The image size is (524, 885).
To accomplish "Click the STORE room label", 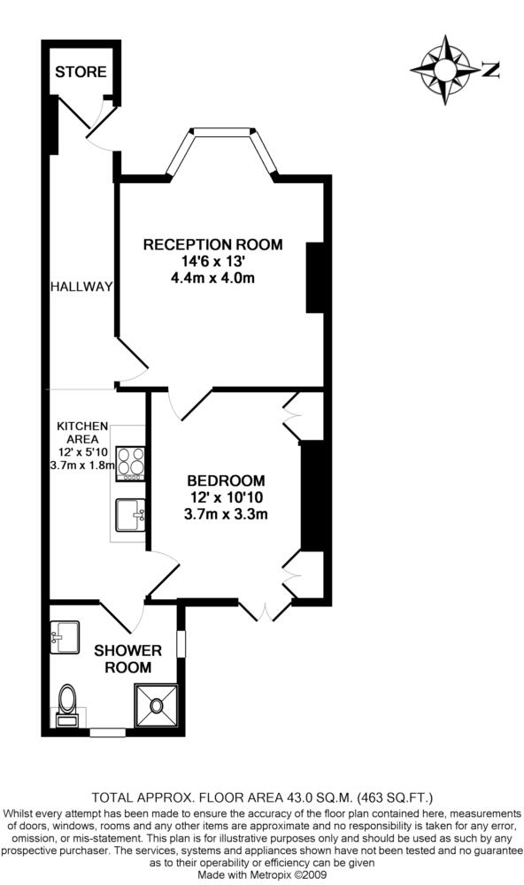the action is tap(81, 72).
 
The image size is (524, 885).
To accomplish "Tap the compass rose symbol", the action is tap(445, 70).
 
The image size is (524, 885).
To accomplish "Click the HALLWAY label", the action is tap(81, 287).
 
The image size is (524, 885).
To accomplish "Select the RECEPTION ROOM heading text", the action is tap(212, 245).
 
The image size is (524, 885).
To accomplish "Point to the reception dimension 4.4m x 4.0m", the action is tap(212, 278).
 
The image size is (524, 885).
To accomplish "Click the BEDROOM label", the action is tap(226, 481).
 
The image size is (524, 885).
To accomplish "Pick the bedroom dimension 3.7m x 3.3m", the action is tap(226, 514).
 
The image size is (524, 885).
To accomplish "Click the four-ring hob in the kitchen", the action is tap(130, 464).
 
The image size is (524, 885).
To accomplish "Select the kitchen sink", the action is tap(130, 515).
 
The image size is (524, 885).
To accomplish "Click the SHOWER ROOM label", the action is tap(128, 658).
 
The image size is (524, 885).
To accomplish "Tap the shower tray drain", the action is tap(155, 704).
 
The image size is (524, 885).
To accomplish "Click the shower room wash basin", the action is tap(65, 637).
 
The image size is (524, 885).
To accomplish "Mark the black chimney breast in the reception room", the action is tap(315, 278).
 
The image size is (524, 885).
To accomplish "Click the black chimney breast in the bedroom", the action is tap(312, 496).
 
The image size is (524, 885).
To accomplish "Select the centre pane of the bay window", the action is tap(221, 132).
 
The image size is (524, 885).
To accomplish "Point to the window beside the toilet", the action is tap(108, 732).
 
